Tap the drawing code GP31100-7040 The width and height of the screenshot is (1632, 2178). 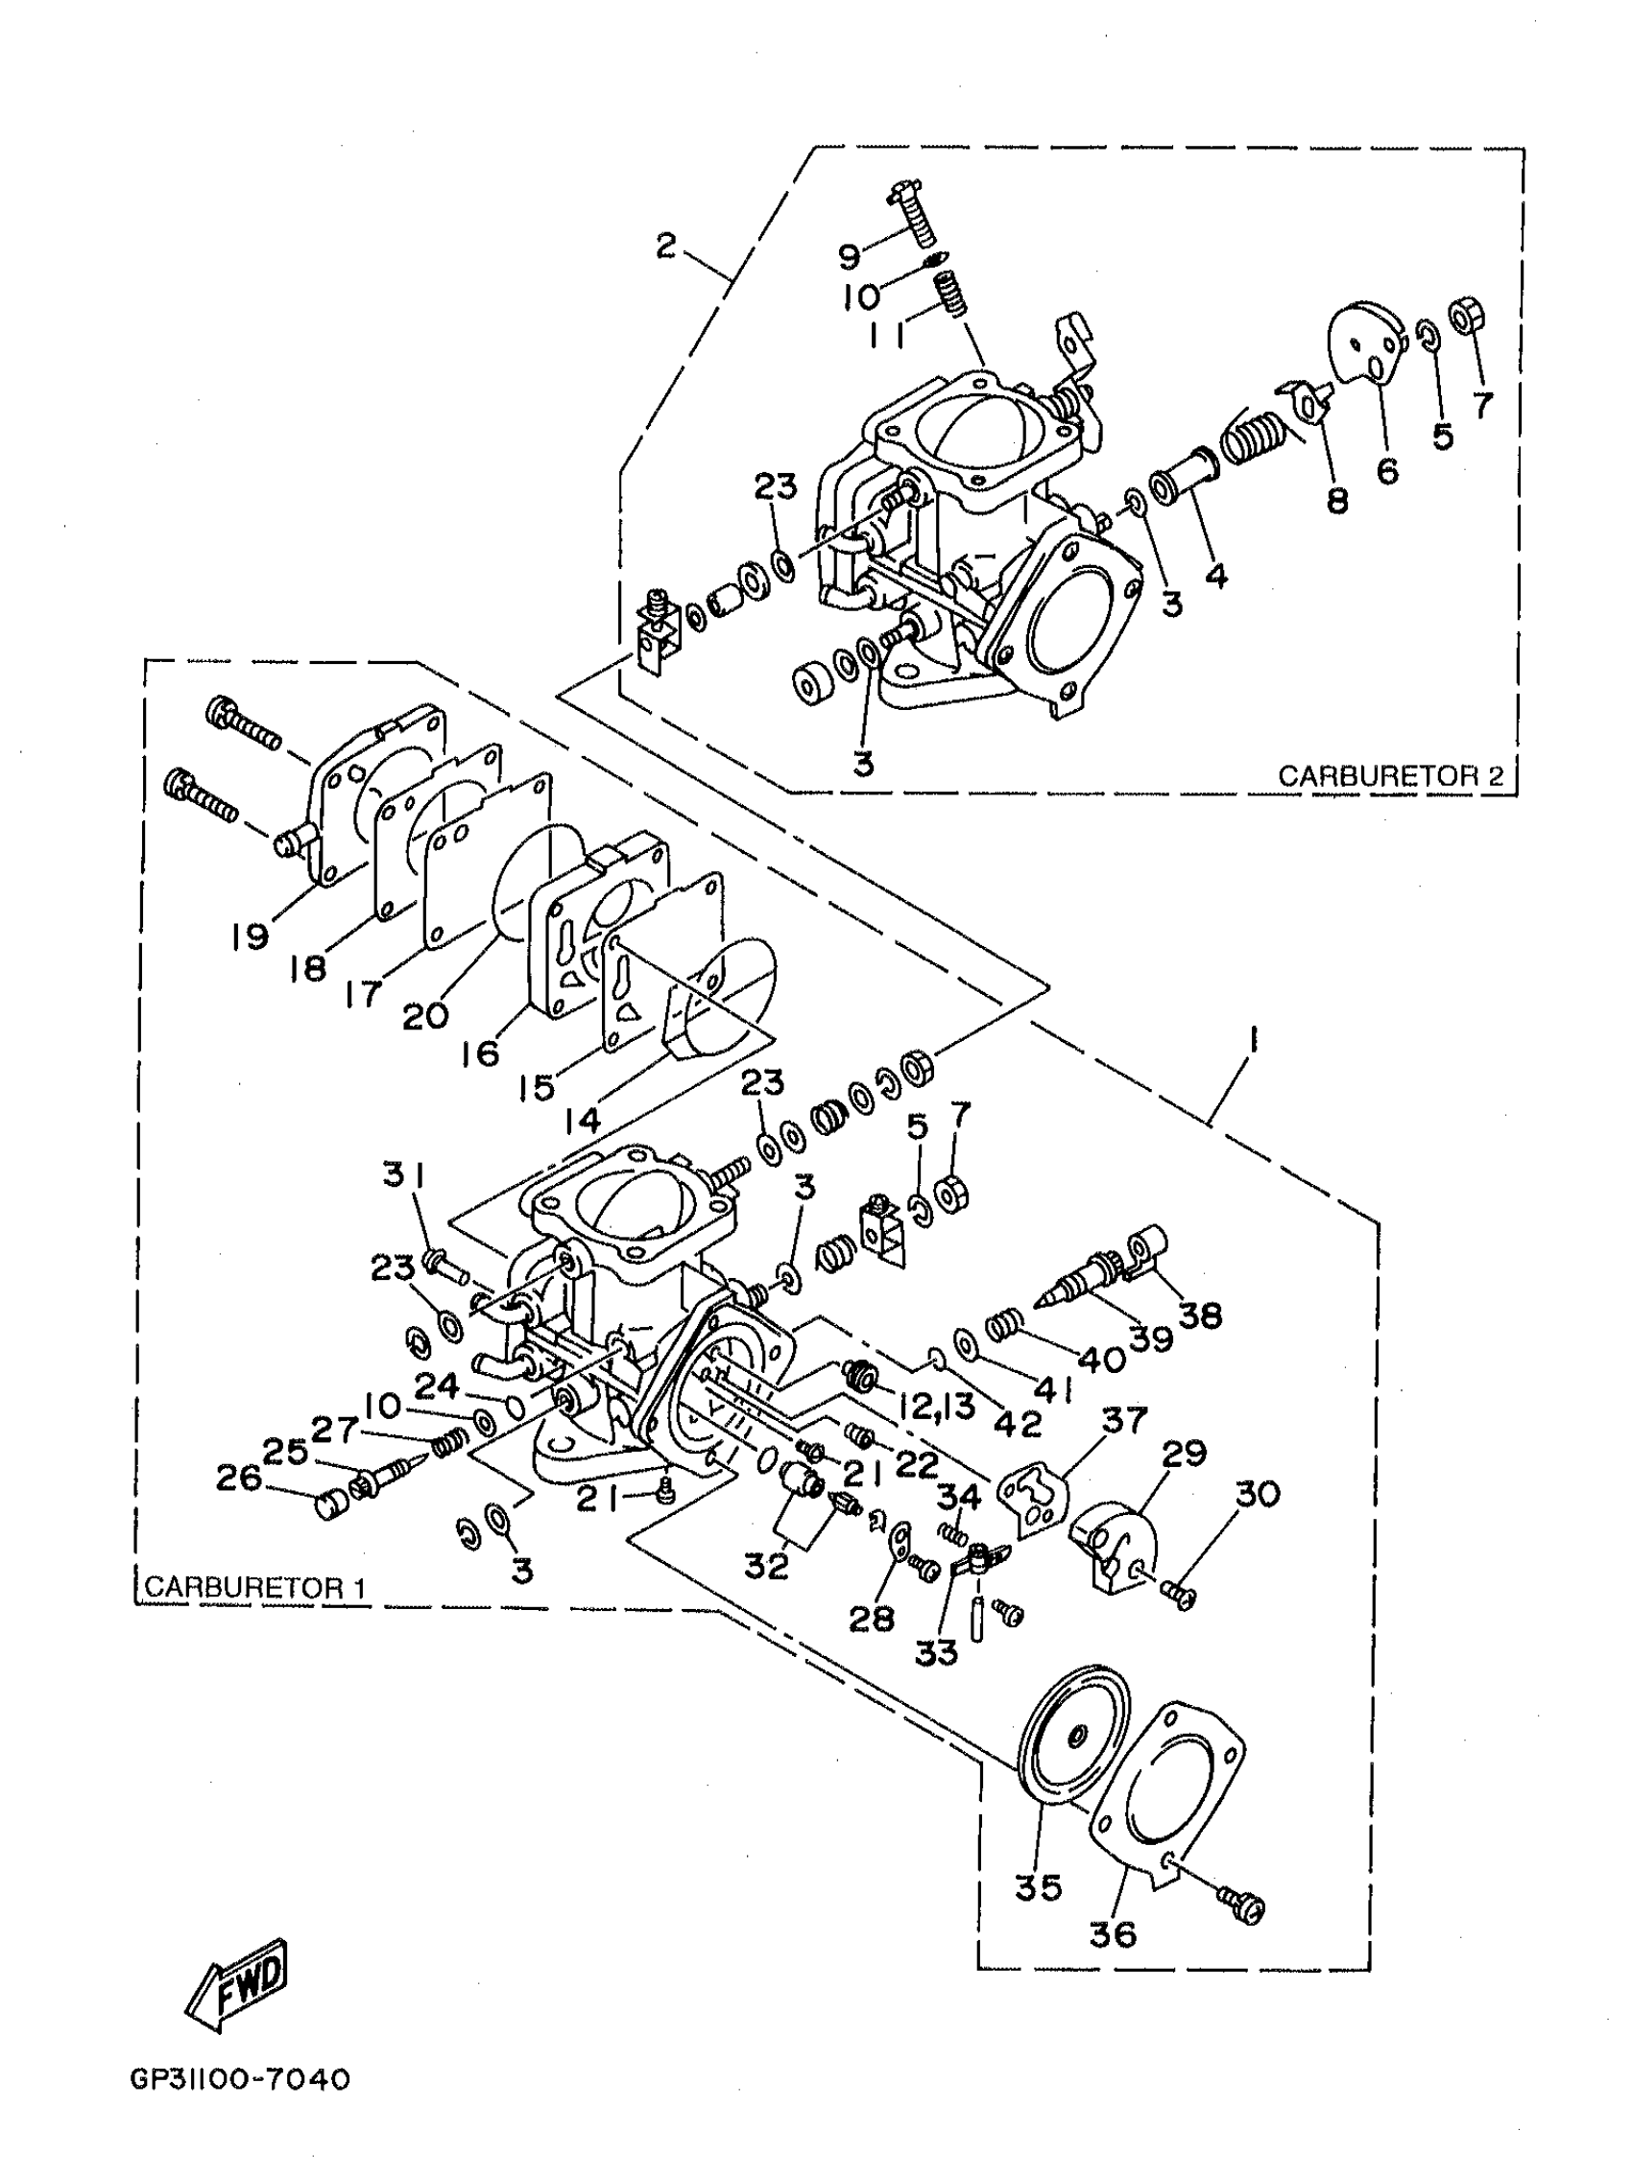(x=239, y=2078)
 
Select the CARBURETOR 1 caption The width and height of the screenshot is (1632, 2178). (x=255, y=1587)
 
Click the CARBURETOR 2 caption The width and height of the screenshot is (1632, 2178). (x=1390, y=776)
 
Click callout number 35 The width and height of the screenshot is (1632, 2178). (x=1038, y=1887)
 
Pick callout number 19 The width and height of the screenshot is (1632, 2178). (x=251, y=935)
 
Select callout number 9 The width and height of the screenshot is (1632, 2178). (x=849, y=256)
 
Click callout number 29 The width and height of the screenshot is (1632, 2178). (x=1184, y=1454)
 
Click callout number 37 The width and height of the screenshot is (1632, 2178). (x=1124, y=1420)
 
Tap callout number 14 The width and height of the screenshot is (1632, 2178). (x=582, y=1120)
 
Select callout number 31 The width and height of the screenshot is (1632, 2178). (x=404, y=1173)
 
